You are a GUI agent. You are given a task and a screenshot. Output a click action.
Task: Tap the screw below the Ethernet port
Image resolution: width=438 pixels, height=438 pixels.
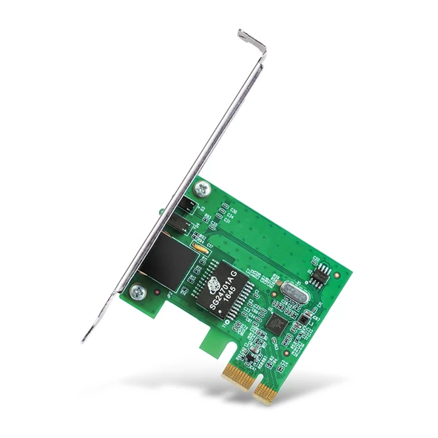[135, 292]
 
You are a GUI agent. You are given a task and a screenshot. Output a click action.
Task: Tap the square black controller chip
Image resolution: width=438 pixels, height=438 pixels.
[277, 323]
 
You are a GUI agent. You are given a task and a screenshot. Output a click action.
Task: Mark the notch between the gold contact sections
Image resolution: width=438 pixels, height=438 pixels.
[250, 380]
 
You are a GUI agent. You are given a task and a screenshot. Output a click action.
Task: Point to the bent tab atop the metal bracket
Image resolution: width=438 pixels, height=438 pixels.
[252, 39]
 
